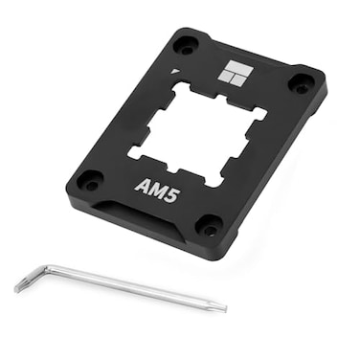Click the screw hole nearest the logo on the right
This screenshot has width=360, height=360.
pos(301,84)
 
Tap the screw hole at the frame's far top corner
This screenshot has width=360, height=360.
pos(186,44)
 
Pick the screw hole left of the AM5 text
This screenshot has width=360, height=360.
pos(89,178)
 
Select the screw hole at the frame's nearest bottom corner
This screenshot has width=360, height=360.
pos(208,225)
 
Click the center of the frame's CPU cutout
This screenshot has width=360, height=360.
pos(198,132)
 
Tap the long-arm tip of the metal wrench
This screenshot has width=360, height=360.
pos(223,307)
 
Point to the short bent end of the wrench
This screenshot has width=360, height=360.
pos(19,285)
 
